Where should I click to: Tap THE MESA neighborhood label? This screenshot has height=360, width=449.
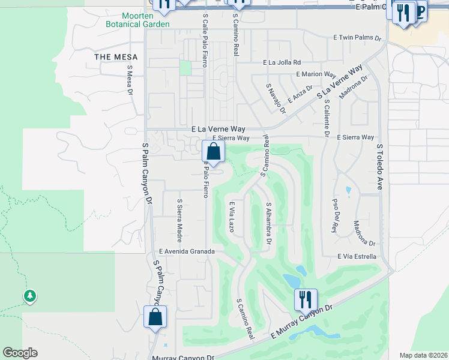pyautogui.click(x=116, y=57)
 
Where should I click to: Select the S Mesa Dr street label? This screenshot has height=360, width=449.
pyautogui.click(x=129, y=80)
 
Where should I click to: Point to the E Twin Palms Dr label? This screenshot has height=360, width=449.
pyautogui.click(x=358, y=37)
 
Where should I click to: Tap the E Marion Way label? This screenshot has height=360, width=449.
pyautogui.click(x=315, y=74)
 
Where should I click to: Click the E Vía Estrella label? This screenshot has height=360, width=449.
pyautogui.click(x=357, y=256)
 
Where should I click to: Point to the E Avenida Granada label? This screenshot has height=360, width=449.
pyautogui.click(x=186, y=251)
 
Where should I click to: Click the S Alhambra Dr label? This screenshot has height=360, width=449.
pyautogui.click(x=269, y=223)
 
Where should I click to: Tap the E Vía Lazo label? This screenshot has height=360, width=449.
pyautogui.click(x=231, y=217)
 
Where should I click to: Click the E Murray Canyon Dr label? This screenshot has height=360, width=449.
pyautogui.click(x=301, y=322)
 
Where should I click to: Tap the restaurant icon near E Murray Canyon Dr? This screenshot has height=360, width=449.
pyautogui.click(x=306, y=299)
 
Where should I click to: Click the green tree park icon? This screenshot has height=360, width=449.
pyautogui.click(x=29, y=296)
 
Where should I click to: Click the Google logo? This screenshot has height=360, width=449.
pyautogui.click(x=20, y=353)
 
